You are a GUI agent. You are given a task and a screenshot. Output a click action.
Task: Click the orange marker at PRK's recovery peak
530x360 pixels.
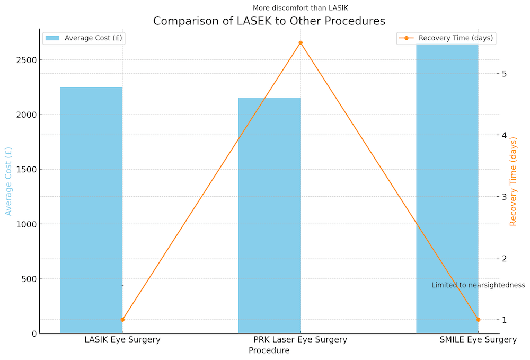pyautogui.click(x=301, y=42)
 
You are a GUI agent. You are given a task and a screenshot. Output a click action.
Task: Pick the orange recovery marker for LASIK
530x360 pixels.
pyautogui.click(x=122, y=320)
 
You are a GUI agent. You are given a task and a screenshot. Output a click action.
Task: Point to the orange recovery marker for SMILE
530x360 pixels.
pyautogui.click(x=478, y=320)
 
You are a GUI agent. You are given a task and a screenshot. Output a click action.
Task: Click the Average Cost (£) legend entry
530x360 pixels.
pyautogui.click(x=84, y=38)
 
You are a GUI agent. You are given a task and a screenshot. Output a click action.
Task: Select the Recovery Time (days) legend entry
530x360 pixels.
pyautogui.click(x=447, y=38)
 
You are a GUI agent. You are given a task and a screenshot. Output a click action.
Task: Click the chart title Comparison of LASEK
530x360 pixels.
pyautogui.click(x=269, y=21)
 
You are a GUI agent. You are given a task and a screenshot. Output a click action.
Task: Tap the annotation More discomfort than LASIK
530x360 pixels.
pyautogui.click(x=300, y=7)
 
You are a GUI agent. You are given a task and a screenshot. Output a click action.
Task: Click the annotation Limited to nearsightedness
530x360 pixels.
pyautogui.click(x=478, y=285)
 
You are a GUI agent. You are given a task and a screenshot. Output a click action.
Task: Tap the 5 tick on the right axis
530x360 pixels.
pyautogui.click(x=505, y=73)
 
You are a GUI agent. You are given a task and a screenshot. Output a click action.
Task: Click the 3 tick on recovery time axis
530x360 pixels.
pyautogui.click(x=505, y=197)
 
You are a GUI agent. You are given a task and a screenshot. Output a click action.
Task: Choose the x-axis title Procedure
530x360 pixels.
pyautogui.click(x=269, y=350)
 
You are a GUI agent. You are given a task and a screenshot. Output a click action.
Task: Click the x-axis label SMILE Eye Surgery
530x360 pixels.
pyautogui.click(x=478, y=340)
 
